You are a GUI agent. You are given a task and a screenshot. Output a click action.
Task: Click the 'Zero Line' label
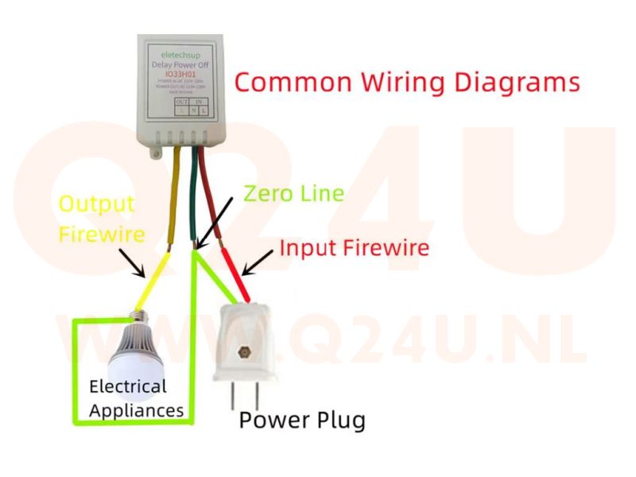293,193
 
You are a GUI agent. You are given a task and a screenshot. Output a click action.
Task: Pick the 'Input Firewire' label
354,248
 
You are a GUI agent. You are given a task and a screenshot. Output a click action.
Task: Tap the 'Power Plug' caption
302,419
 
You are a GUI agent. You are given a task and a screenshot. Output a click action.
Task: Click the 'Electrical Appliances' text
136,398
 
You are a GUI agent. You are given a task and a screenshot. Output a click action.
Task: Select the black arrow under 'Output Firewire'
134,263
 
